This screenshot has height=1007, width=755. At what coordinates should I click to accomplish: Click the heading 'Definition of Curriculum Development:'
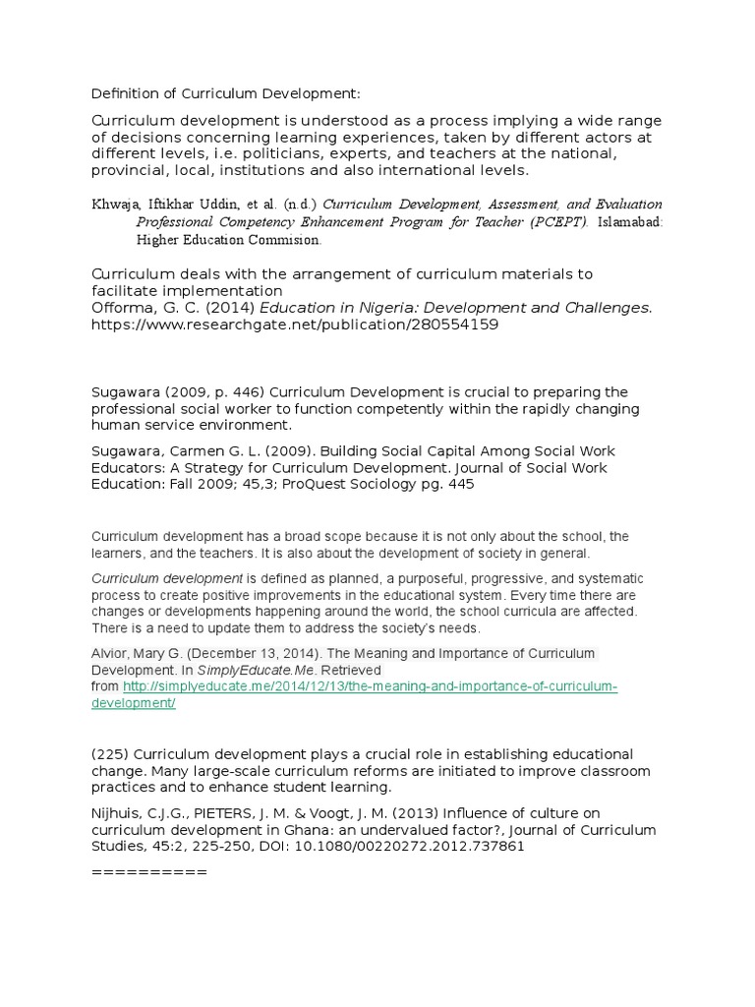tap(226, 93)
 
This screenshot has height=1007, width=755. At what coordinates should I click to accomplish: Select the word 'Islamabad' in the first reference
tap(627, 222)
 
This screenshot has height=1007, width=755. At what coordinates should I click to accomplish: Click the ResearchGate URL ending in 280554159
tap(295, 325)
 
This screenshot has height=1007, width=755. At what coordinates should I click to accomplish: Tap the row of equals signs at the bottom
tap(148, 872)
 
